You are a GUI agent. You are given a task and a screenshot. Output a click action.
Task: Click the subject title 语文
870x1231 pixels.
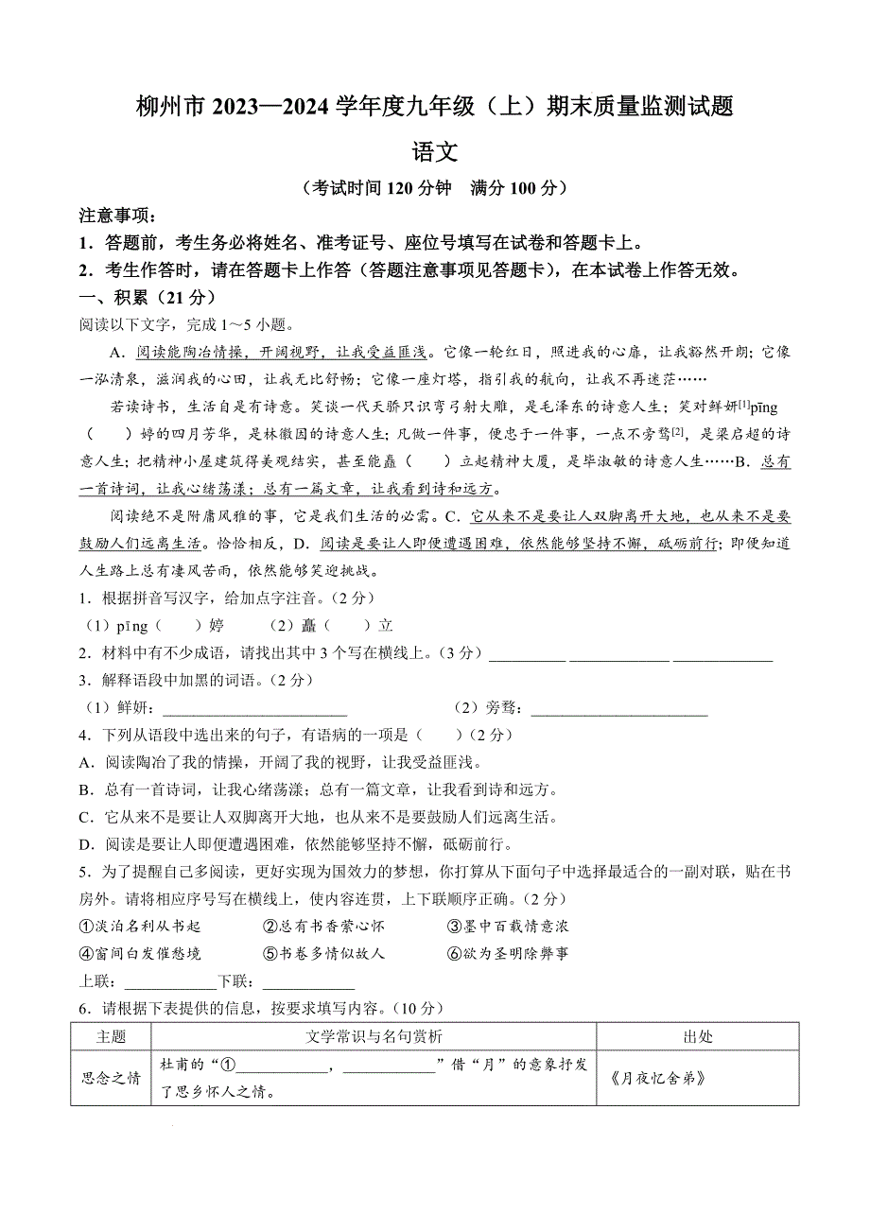(435, 151)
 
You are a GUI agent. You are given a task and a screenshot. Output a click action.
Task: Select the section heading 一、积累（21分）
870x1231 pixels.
(142, 297)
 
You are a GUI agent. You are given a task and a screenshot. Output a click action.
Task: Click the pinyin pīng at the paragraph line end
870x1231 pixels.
(763, 407)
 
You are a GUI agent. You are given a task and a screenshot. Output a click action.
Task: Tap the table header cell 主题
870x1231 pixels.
(111, 1036)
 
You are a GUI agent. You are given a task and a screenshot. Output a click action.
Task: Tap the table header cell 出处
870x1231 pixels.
(698, 1036)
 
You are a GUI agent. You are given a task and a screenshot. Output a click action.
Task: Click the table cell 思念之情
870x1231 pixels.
(111, 1078)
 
